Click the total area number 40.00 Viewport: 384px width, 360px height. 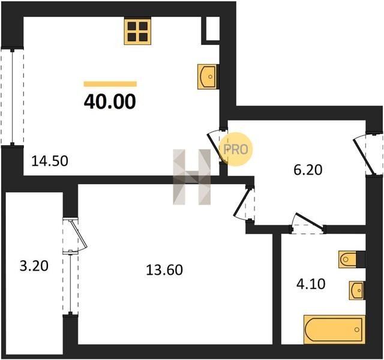(110, 101)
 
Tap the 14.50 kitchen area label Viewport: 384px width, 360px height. (50, 161)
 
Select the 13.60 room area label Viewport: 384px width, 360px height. (164, 270)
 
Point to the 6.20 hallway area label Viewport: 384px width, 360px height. (308, 170)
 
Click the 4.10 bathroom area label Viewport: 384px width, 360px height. (311, 284)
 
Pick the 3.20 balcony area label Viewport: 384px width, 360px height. (34, 266)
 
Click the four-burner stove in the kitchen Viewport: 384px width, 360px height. (137, 31)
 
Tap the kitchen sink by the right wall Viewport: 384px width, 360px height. (207, 76)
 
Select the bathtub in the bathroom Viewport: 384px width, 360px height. (334, 329)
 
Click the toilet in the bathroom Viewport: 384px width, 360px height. (348, 259)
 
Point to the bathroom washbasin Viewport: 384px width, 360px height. (356, 290)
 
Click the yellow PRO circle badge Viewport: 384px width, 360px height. (235, 149)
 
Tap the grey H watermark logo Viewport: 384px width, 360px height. (192, 177)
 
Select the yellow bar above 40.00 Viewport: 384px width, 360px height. (110, 84)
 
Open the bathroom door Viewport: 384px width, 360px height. (308, 223)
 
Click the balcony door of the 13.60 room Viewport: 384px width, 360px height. (74, 235)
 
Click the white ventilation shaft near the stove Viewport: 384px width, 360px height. (212, 28)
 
